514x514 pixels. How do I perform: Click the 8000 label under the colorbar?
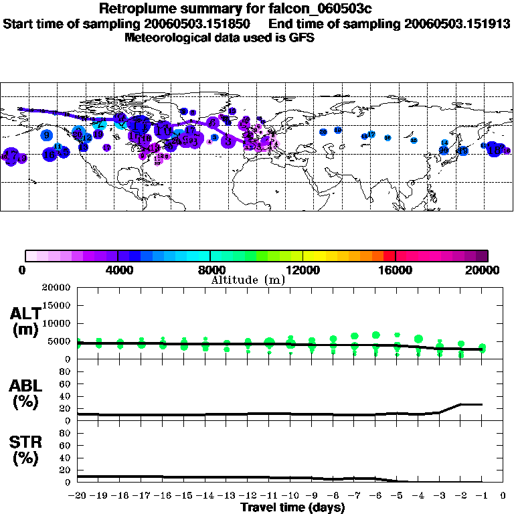coord(209,270)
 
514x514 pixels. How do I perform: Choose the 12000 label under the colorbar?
coord(303,270)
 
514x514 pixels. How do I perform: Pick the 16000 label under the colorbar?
coord(396,270)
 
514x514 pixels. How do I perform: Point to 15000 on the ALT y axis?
coord(56,305)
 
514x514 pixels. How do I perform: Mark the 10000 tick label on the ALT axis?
coord(56,323)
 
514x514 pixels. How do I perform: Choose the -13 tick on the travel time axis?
coord(226,496)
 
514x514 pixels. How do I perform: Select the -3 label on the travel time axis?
coord(439,496)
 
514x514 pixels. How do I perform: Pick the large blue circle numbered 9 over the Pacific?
coord(46,135)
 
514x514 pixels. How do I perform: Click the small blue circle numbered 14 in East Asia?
coord(444,143)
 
